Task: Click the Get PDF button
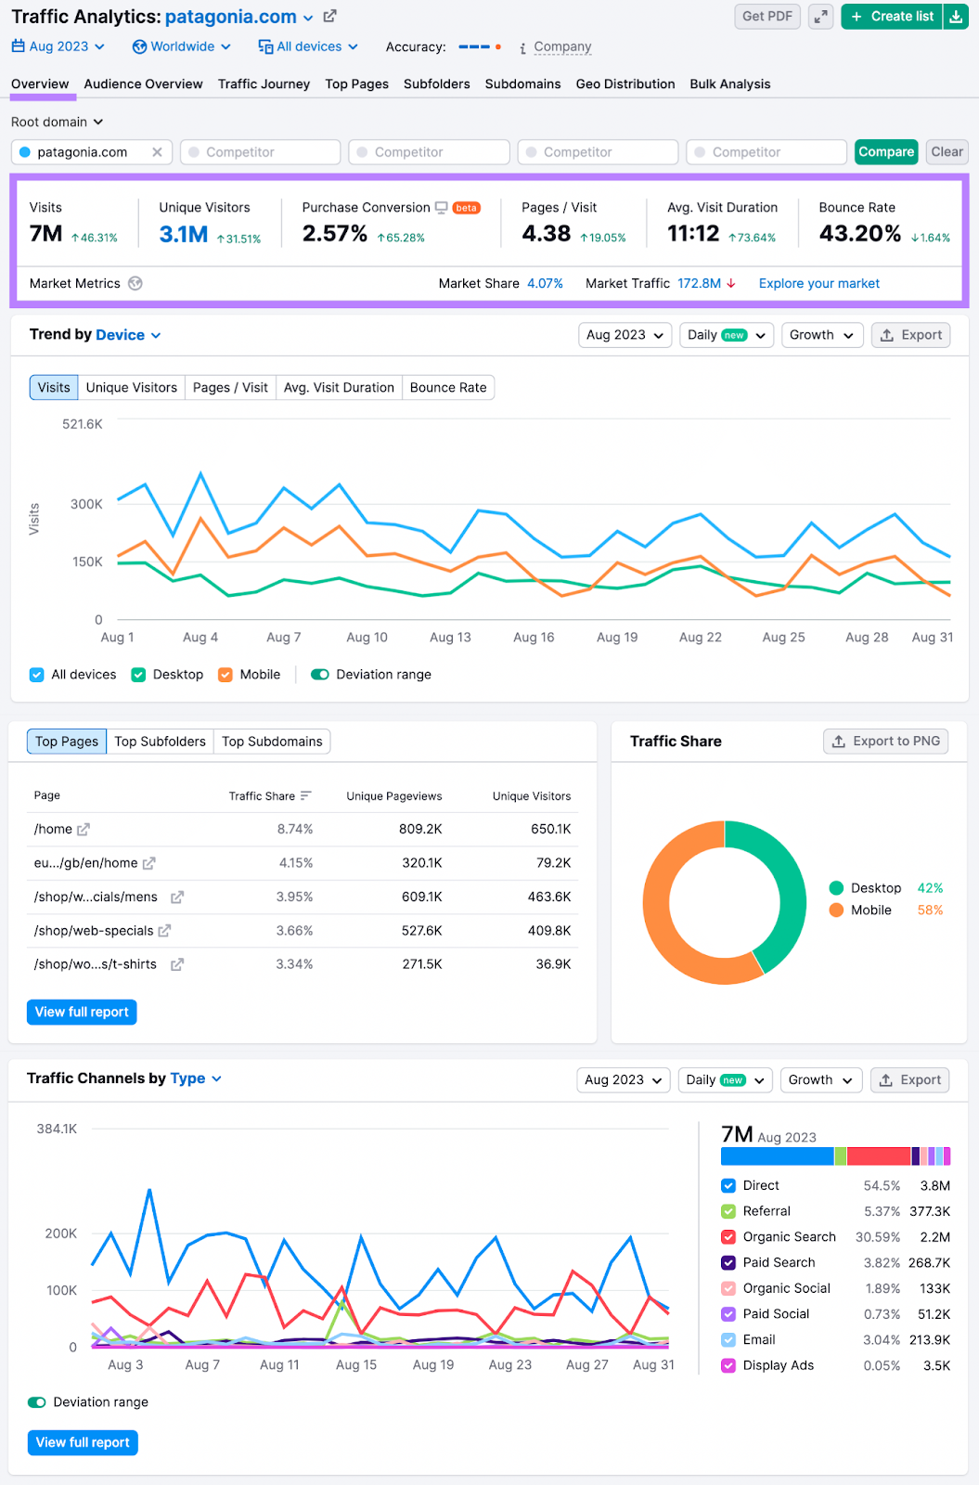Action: [x=766, y=17]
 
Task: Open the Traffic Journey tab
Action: [x=264, y=84]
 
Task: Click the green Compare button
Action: [x=885, y=152]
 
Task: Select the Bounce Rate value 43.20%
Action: [x=859, y=234]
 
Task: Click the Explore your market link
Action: [x=818, y=284]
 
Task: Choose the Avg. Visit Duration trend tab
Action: [x=339, y=388]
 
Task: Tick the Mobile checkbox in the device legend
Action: [x=225, y=675]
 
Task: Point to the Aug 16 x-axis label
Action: [x=534, y=638]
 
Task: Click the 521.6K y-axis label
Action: [x=83, y=424]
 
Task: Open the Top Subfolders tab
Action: [x=160, y=742]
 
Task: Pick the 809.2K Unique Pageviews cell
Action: [x=420, y=829]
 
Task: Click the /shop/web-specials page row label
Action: [x=94, y=931]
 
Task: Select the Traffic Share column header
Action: [x=262, y=796]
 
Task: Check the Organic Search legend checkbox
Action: [x=728, y=1237]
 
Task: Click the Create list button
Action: [x=892, y=17]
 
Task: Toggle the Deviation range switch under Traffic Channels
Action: [x=37, y=1402]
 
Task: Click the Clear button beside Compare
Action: [x=947, y=152]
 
